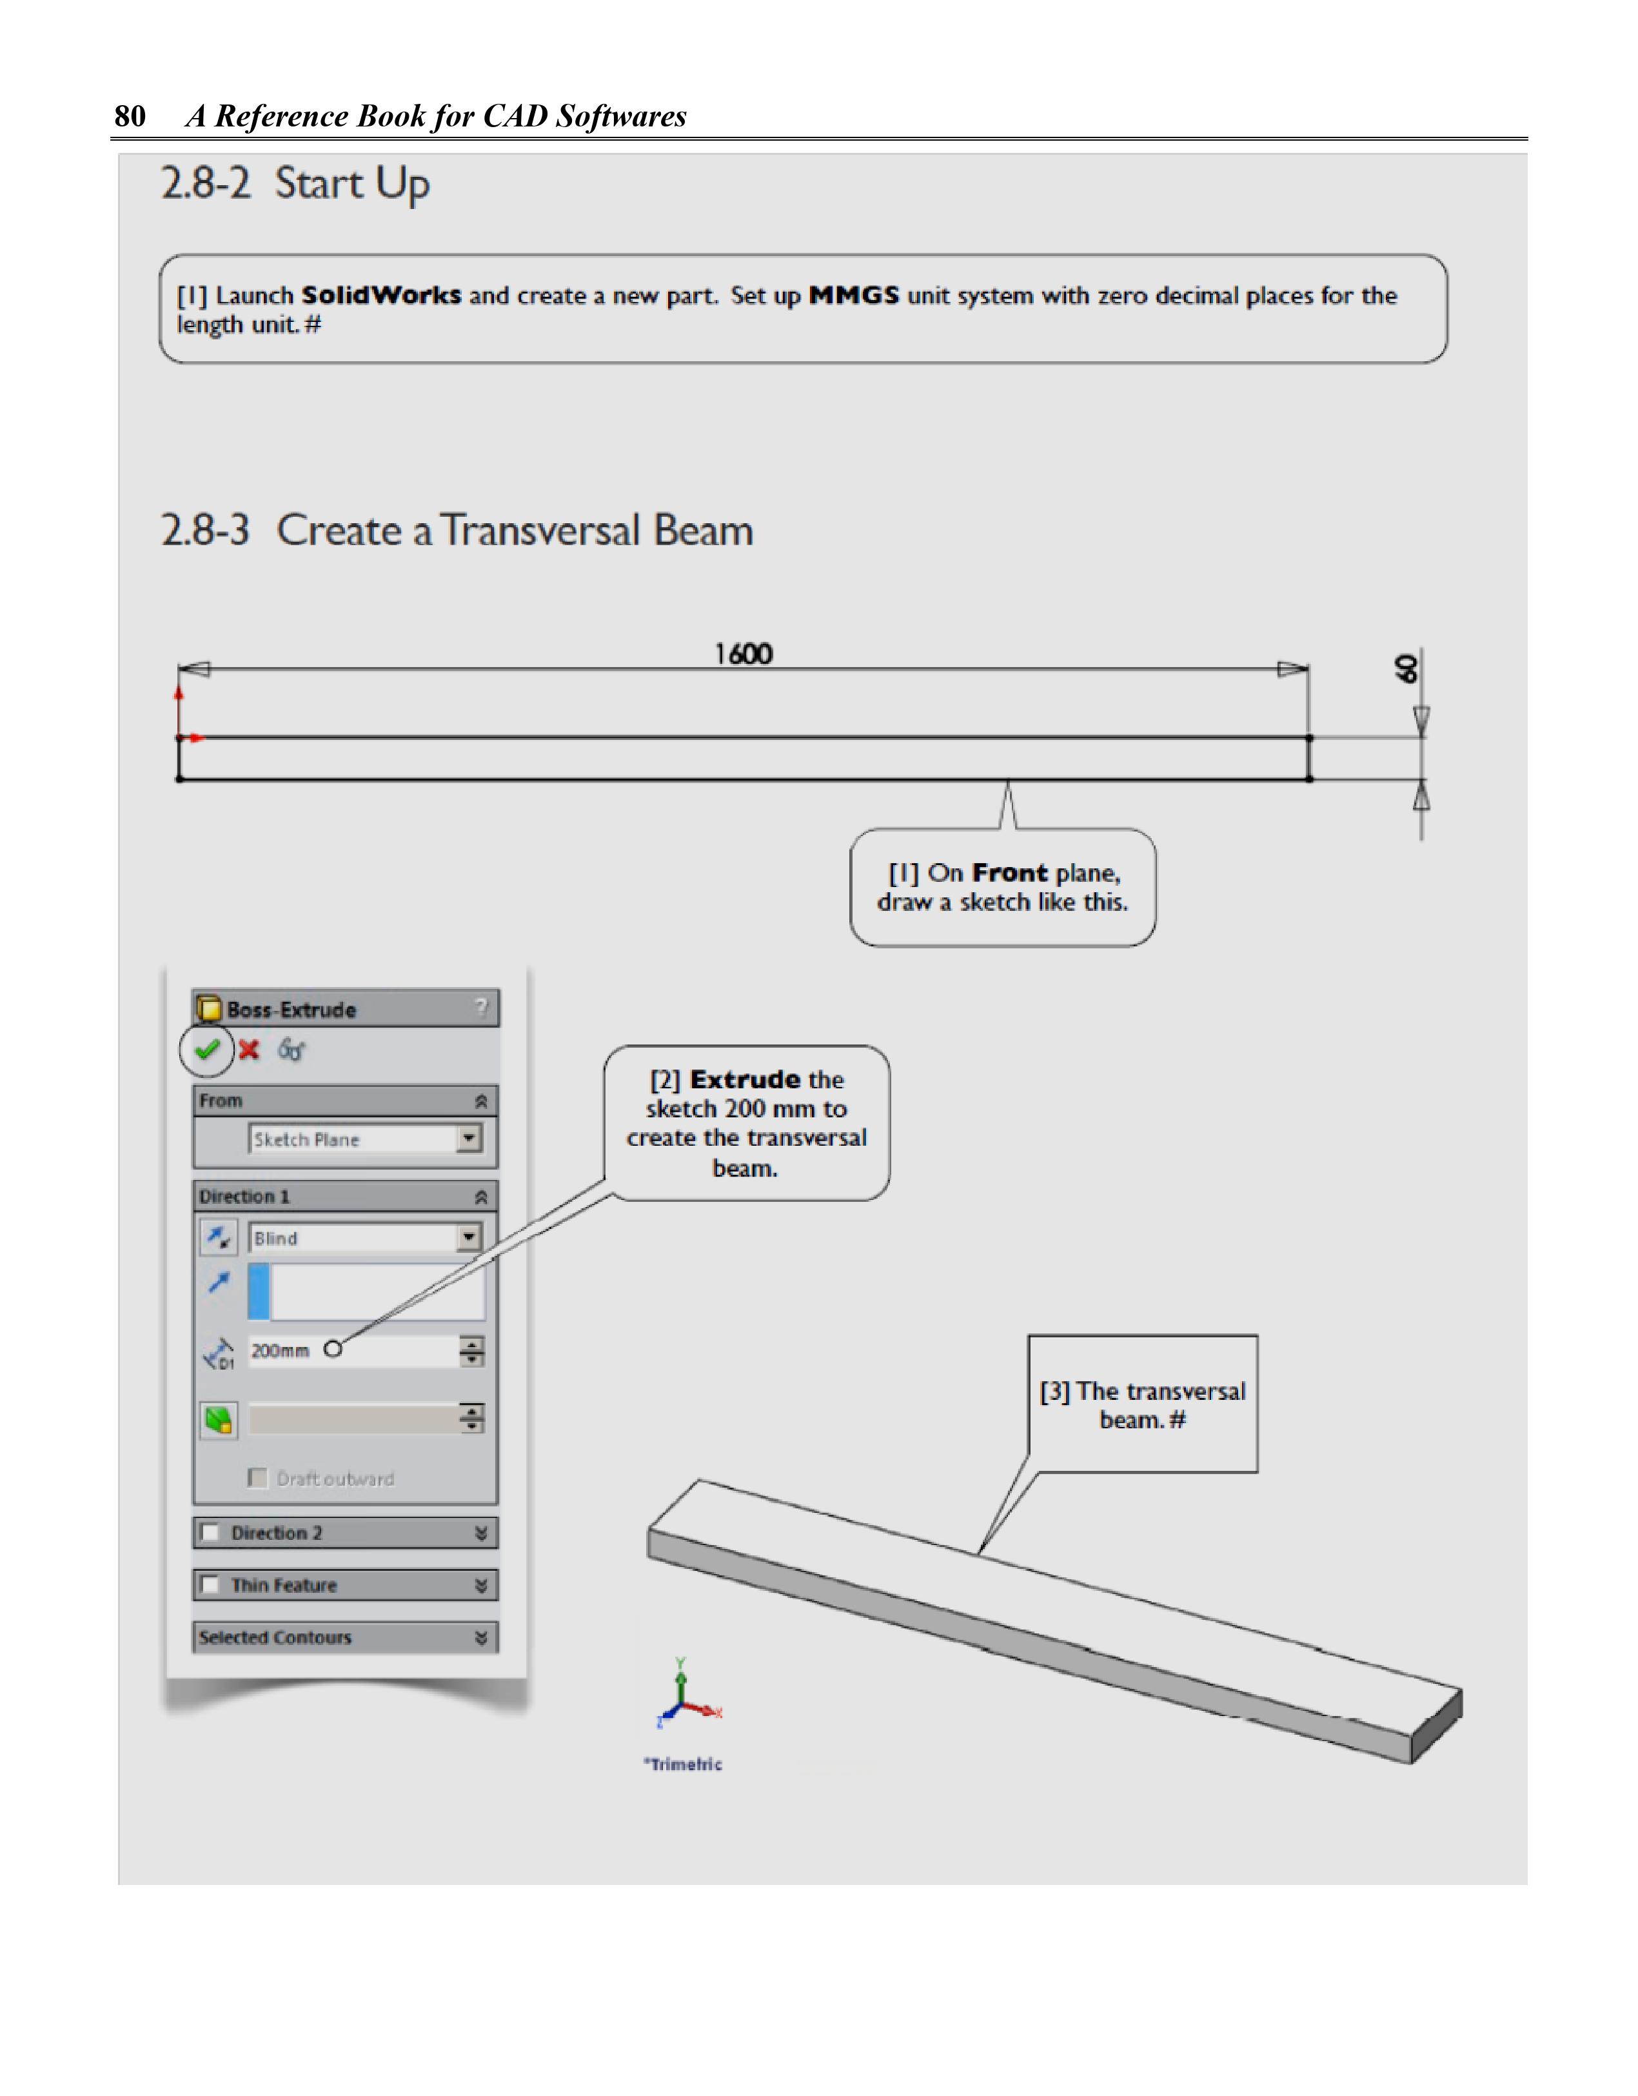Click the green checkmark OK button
pyautogui.click(x=207, y=1050)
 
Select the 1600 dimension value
pyautogui.click(x=744, y=655)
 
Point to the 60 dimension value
pyautogui.click(x=1406, y=669)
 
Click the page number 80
pyautogui.click(x=130, y=116)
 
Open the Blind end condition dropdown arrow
pyautogui.click(x=468, y=1237)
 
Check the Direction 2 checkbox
pyautogui.click(x=210, y=1533)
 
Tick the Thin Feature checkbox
pyautogui.click(x=210, y=1584)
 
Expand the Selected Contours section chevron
pyautogui.click(x=480, y=1637)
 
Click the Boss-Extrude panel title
pyautogui.click(x=291, y=1010)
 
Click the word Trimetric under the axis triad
pyautogui.click(x=685, y=1764)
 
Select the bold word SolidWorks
pyautogui.click(x=381, y=295)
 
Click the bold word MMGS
pyautogui.click(x=854, y=295)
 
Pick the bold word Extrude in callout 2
pyautogui.click(x=745, y=1080)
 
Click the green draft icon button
pyautogui.click(x=219, y=1419)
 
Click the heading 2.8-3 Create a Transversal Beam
pyautogui.click(x=457, y=531)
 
